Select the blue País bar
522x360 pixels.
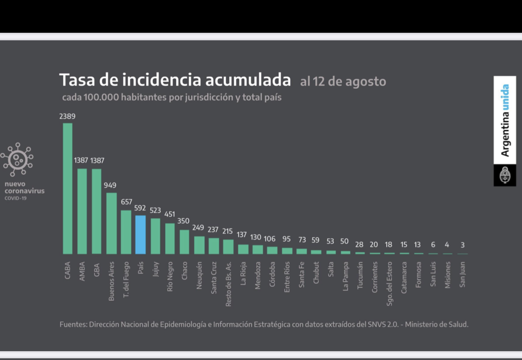[x=140, y=235]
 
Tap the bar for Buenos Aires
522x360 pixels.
[x=111, y=223]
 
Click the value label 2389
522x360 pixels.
[x=67, y=116]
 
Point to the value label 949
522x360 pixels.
[x=110, y=185]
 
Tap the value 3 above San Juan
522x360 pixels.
[x=462, y=245]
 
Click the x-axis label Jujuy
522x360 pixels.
[x=156, y=276]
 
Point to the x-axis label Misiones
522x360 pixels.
[x=448, y=275]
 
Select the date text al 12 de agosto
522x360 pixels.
[x=343, y=81]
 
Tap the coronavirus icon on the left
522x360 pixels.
[x=17, y=160]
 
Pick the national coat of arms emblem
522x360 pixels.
[x=505, y=175]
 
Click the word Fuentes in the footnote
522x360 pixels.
[x=73, y=324]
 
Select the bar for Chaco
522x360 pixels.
[x=184, y=242]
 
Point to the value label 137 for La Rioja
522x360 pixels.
[x=242, y=235]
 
